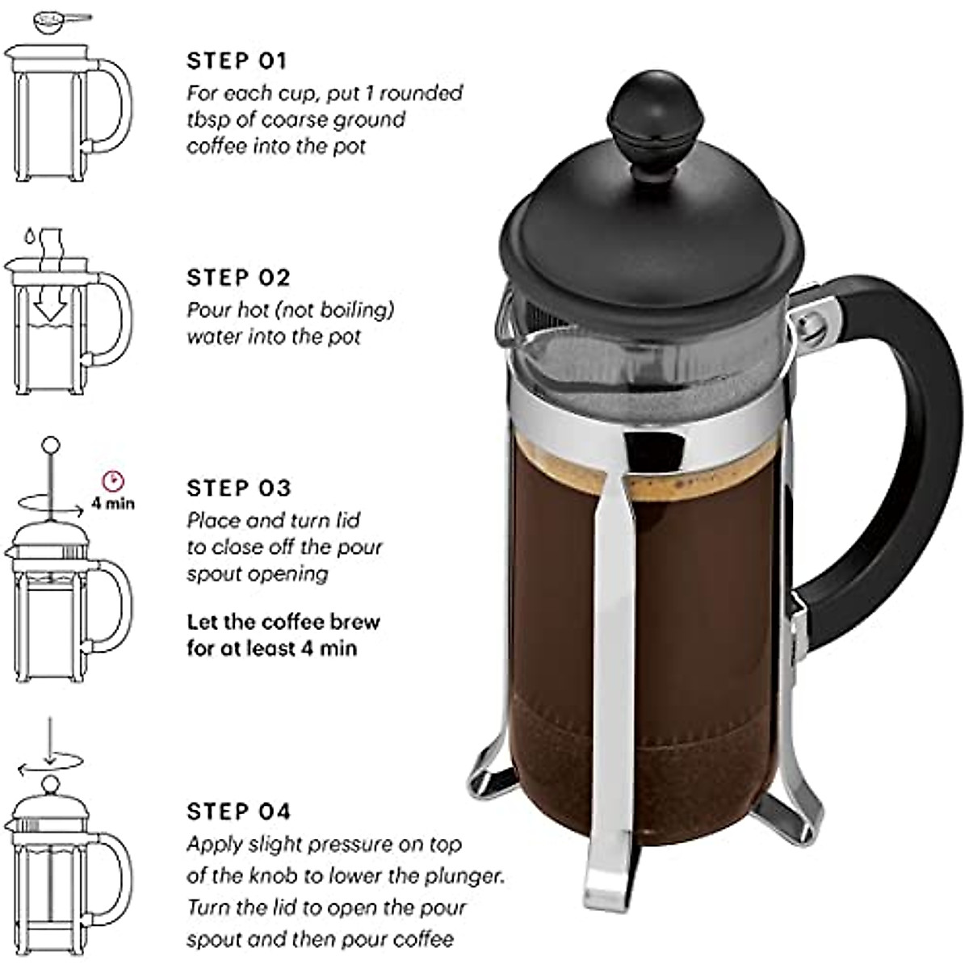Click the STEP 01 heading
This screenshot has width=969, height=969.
(237, 61)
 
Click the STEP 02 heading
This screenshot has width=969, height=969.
(238, 278)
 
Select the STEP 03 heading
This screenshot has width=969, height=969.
(238, 488)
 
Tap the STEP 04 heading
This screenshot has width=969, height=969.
(238, 811)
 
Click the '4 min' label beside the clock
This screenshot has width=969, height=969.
(112, 504)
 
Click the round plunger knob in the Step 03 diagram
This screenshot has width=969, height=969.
(50, 444)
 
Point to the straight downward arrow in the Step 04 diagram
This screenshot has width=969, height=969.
(49, 739)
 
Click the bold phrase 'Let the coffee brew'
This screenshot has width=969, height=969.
(283, 622)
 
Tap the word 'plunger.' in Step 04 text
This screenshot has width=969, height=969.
(468, 875)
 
